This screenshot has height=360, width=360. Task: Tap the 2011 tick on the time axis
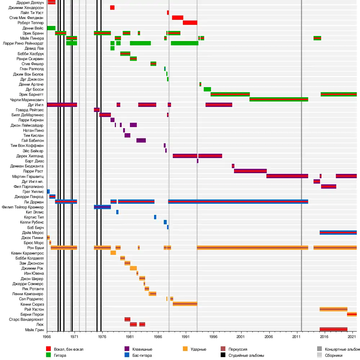tap(296, 337)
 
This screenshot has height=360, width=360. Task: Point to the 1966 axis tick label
tap(47, 337)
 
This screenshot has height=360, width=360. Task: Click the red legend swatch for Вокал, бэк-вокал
tap(48, 349)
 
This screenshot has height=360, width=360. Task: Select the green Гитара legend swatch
tap(48, 355)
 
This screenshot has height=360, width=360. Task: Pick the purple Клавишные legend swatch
tap(127, 349)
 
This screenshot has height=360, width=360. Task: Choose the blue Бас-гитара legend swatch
tap(127, 355)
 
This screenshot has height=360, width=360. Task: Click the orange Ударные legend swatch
tap(185, 349)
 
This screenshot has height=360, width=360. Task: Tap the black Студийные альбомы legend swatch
tap(222, 355)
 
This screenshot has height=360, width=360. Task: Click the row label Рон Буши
tap(35, 248)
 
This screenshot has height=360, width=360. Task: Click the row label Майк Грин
tap(35, 329)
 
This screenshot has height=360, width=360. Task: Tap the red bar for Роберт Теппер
tap(190, 23)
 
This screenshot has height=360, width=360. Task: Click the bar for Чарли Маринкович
tap(279, 99)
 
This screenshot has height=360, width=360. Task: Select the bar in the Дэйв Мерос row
tap(338, 233)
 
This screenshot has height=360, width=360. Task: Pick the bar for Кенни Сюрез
tap(185, 304)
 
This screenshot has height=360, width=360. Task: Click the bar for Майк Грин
tap(333, 329)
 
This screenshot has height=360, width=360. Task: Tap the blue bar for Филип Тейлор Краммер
tap(102, 207)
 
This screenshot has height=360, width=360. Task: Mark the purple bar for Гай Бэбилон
tap(141, 140)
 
